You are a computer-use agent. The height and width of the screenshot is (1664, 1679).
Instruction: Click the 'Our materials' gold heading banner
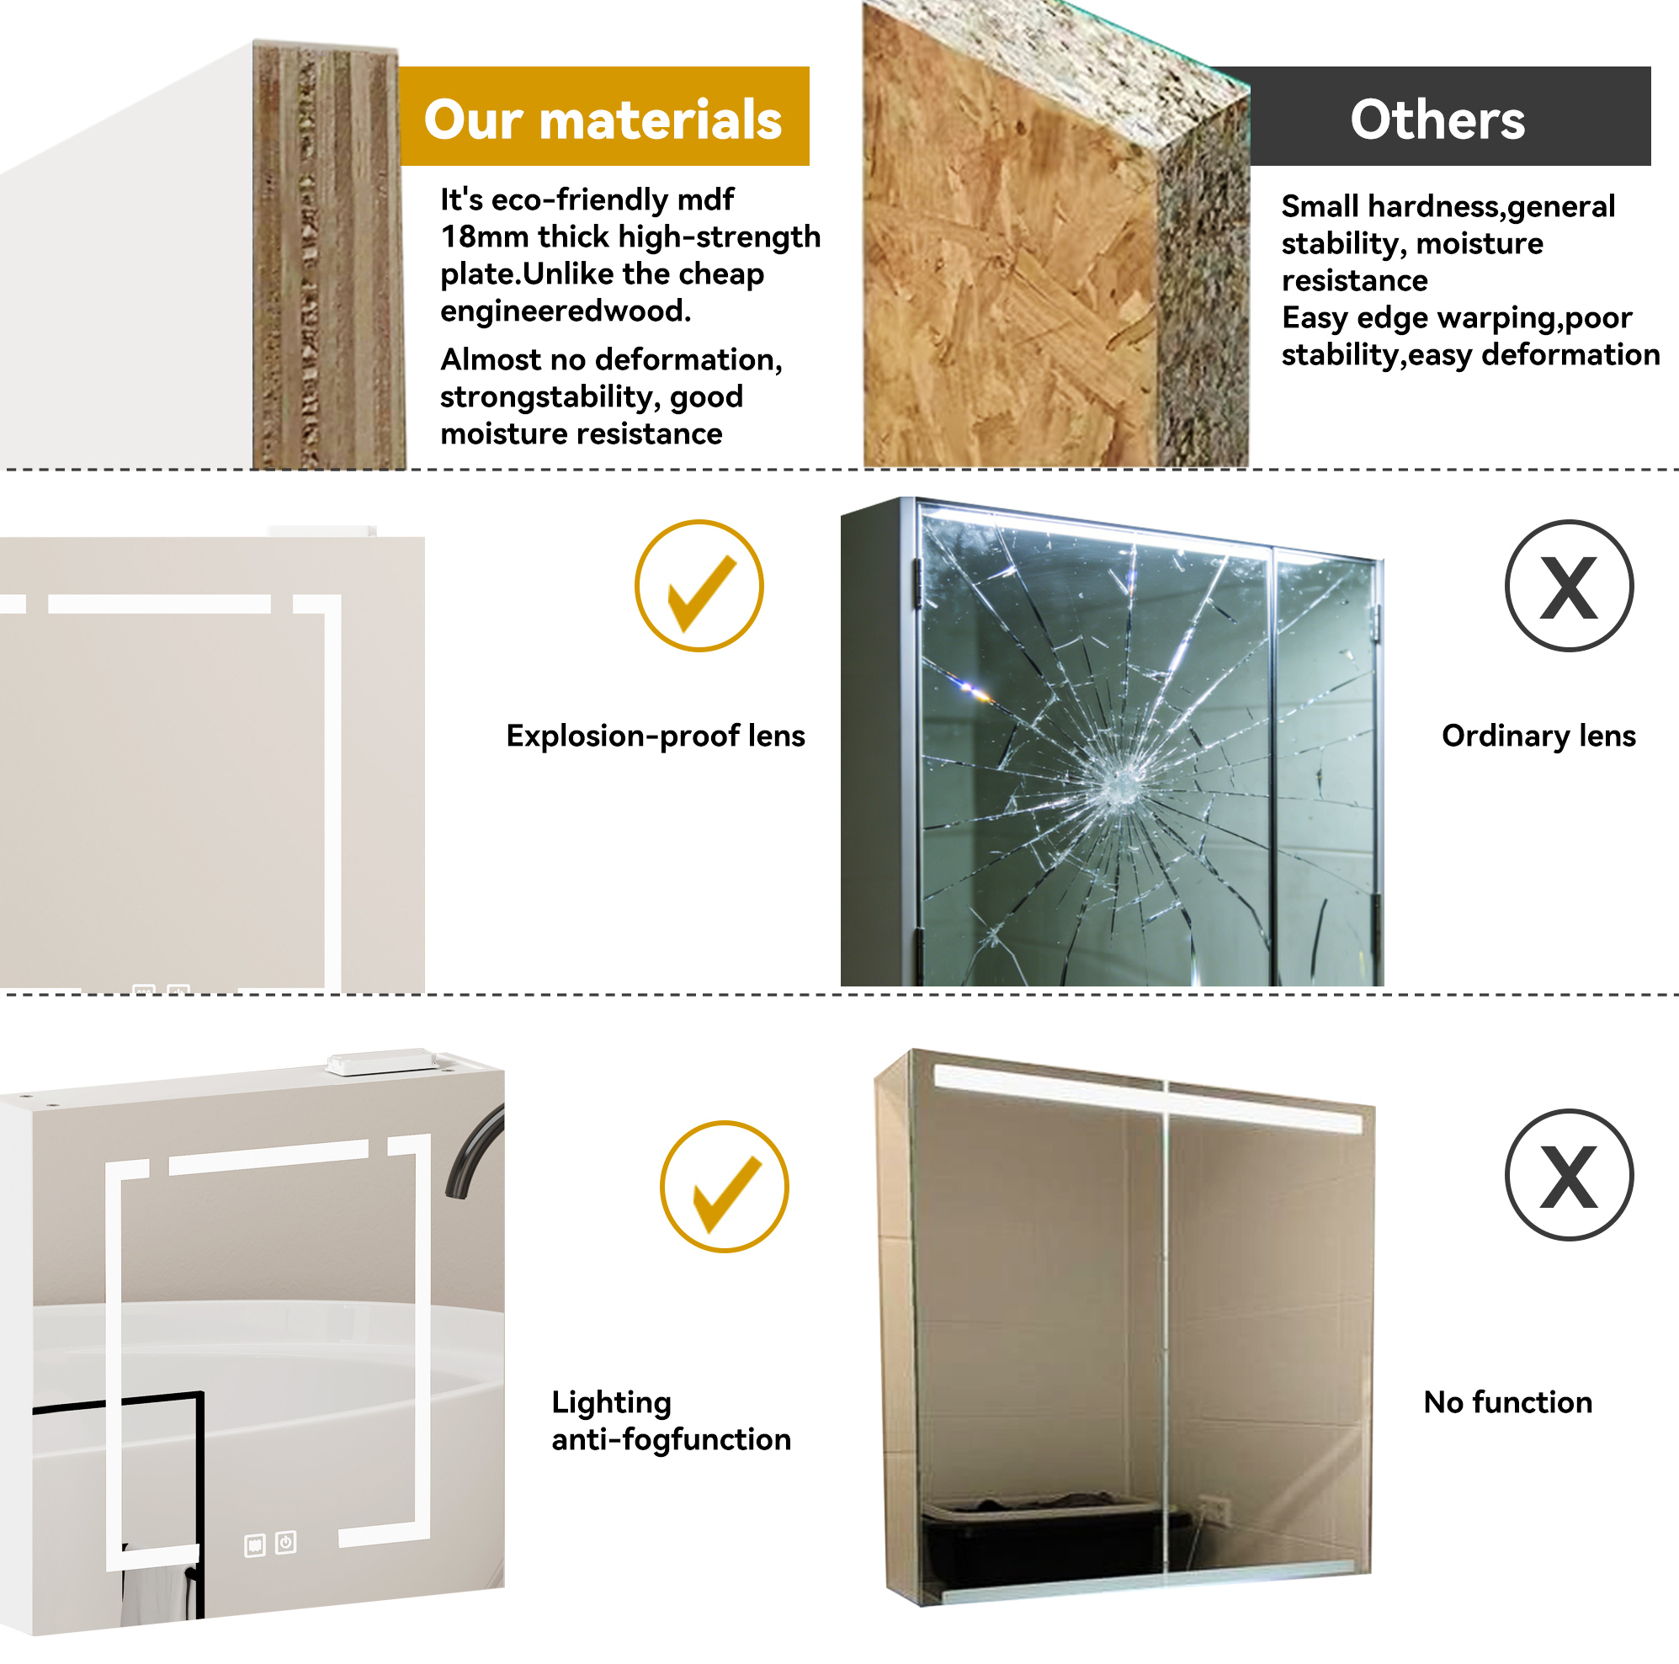click(604, 115)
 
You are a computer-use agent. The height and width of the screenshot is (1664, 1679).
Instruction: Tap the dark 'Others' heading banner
click(1449, 115)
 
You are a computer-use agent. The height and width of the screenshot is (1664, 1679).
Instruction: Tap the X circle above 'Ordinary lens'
click(1569, 586)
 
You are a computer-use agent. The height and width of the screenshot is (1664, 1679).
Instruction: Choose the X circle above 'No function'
click(1569, 1175)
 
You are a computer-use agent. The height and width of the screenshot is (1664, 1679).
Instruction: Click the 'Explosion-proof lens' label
click(656, 736)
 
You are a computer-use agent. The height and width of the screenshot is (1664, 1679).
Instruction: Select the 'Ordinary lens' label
click(1538, 736)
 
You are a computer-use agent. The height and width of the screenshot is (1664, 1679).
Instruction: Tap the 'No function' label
click(1508, 1401)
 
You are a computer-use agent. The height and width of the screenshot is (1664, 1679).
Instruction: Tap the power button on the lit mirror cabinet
click(286, 1542)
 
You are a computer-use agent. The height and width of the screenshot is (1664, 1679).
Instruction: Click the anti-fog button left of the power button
click(255, 1546)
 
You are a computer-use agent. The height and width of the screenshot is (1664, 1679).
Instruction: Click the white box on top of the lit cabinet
click(382, 1062)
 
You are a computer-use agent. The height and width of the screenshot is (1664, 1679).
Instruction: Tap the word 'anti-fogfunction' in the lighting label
click(671, 1440)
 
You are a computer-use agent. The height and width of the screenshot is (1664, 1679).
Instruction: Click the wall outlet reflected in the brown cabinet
click(1214, 1511)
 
